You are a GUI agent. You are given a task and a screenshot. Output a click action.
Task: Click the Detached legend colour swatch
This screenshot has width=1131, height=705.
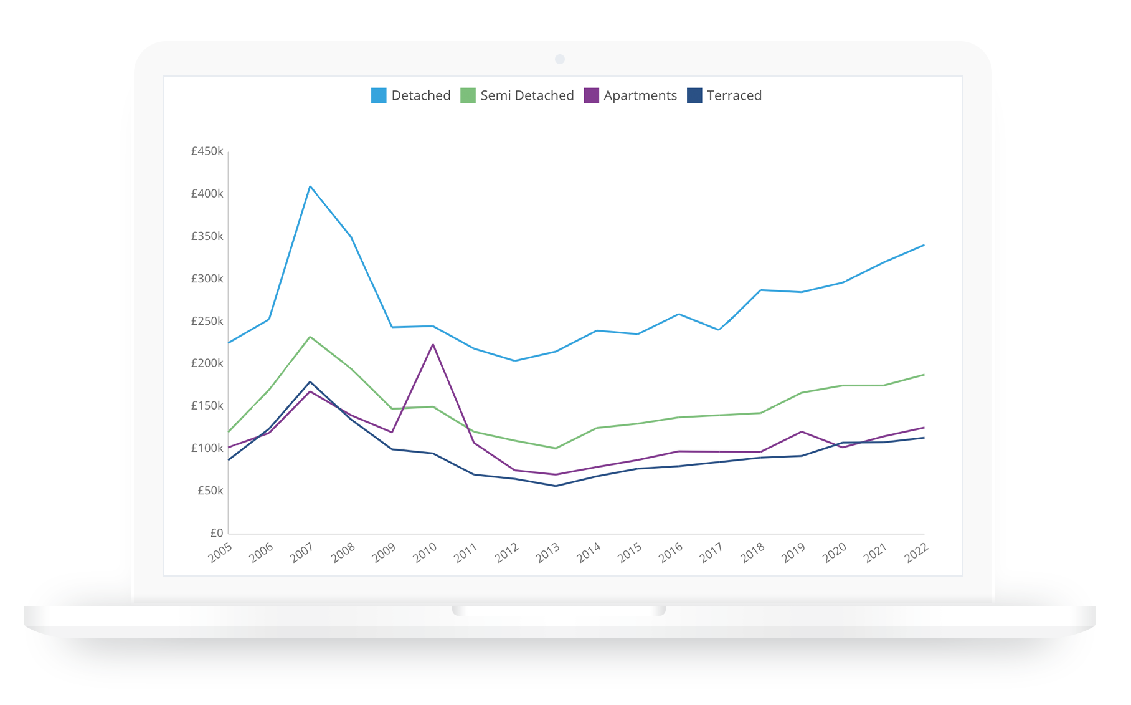[x=379, y=95]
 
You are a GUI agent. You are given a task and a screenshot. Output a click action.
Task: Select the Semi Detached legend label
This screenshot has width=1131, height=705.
[x=527, y=95]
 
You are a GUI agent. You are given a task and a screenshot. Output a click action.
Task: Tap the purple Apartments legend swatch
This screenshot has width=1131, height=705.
[x=591, y=95]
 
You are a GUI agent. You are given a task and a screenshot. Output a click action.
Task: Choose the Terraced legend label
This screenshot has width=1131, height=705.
[x=734, y=95]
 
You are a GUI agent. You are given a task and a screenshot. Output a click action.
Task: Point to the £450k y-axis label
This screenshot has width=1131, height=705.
[x=207, y=151]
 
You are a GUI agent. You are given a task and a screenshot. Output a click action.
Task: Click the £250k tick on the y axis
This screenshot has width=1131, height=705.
[x=207, y=321]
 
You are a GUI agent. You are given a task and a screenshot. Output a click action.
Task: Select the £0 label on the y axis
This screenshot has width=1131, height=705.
[x=216, y=533]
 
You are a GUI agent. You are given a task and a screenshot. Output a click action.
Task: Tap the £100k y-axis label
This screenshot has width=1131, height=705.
[x=207, y=448]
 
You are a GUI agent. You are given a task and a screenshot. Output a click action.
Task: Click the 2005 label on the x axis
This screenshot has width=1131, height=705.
[x=220, y=552]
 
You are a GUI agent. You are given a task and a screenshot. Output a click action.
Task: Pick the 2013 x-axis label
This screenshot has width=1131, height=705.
[x=548, y=552]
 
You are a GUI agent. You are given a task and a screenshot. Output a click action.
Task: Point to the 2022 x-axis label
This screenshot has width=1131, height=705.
[x=916, y=552]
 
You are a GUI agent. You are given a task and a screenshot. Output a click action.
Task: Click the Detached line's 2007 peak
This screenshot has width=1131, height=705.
[x=310, y=186]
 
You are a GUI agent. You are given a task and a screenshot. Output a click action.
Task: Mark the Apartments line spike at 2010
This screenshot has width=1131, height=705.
[x=433, y=345]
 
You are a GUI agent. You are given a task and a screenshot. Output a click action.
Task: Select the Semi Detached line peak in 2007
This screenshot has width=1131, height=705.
[x=310, y=337]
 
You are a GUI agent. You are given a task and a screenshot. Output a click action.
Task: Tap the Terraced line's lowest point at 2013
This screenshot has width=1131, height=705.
[x=556, y=486]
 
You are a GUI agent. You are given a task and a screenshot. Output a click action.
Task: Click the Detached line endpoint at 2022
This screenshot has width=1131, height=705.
[x=924, y=245]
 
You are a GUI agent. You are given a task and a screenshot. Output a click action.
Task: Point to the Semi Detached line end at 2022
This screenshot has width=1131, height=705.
[x=924, y=375]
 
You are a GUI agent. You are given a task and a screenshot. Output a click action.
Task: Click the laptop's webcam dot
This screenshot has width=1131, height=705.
[x=560, y=59]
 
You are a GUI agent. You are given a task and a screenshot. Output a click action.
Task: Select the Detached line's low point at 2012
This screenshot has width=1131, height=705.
[x=514, y=360]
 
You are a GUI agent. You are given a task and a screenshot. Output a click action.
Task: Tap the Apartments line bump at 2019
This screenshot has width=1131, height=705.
[x=802, y=431]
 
